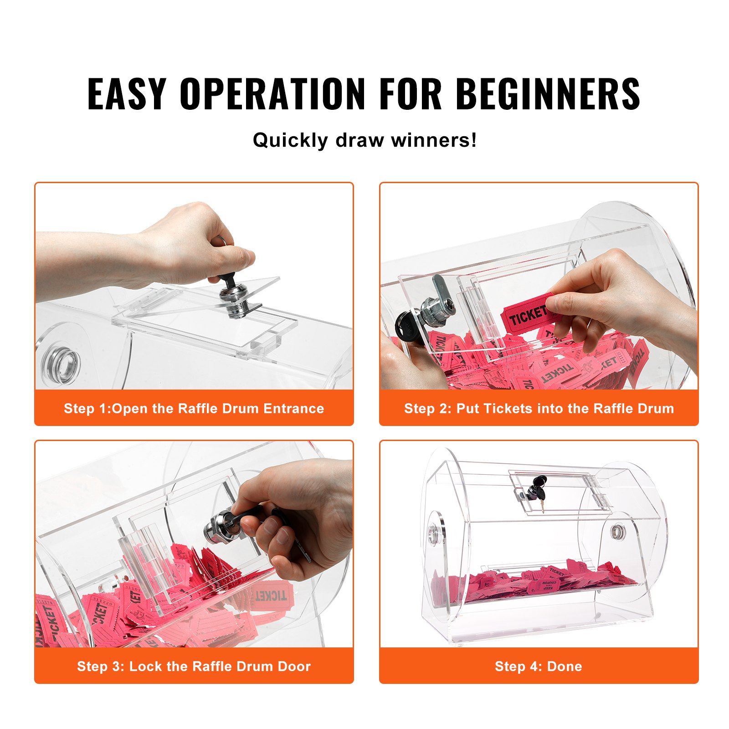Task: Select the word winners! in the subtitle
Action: point(434,140)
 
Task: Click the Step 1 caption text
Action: point(194,408)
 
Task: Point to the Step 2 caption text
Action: point(539,408)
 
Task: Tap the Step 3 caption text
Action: point(194,666)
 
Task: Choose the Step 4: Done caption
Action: point(539,666)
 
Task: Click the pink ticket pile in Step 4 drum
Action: point(533,583)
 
